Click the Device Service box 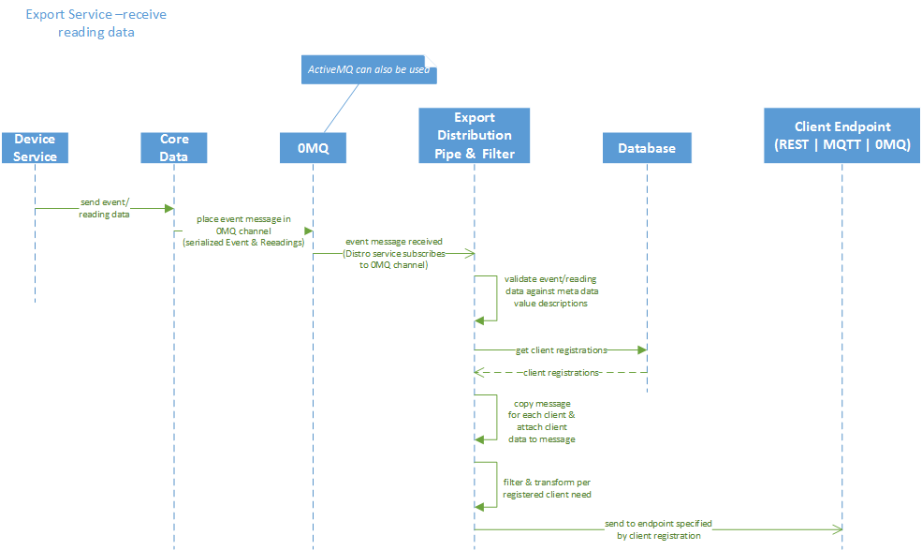coord(35,148)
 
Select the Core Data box coord(174,148)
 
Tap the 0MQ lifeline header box coord(313,148)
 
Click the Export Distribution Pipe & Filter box coord(474,136)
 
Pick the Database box coord(646,148)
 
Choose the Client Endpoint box coord(842,136)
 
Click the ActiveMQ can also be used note coord(369,70)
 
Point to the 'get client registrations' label coord(561,350)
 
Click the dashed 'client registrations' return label coord(561,373)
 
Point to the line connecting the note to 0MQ coord(342,108)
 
